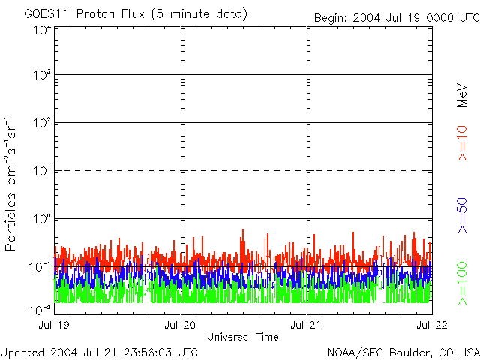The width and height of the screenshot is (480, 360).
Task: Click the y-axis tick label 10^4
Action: (43, 30)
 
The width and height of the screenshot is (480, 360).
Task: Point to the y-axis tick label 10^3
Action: (43, 76)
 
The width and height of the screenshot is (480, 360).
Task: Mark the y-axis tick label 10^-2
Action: (41, 309)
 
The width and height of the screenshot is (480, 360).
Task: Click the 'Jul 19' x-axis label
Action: (54, 325)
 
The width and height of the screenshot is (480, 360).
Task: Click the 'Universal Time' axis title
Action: (242, 337)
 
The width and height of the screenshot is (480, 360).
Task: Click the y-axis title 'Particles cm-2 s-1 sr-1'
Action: (11, 183)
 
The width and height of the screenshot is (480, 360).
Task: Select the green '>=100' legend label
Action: (462, 283)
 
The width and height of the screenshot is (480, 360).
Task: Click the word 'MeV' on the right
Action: (462, 94)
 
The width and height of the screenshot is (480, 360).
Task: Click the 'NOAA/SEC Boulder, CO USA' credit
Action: (403, 352)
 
